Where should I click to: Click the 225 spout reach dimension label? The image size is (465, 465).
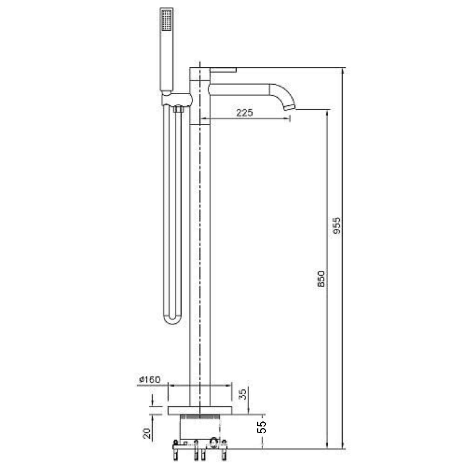[244, 112]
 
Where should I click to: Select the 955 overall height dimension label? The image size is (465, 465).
[337, 225]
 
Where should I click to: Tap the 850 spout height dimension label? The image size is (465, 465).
[321, 279]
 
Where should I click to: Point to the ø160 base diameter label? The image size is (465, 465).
[150, 380]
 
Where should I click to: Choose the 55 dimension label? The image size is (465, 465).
[262, 427]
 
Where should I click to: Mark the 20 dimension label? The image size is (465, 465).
[147, 433]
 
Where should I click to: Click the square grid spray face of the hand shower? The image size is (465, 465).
[167, 19]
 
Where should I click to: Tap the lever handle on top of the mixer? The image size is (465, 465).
[223, 70]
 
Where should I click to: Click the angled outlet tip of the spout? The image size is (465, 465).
[290, 107]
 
